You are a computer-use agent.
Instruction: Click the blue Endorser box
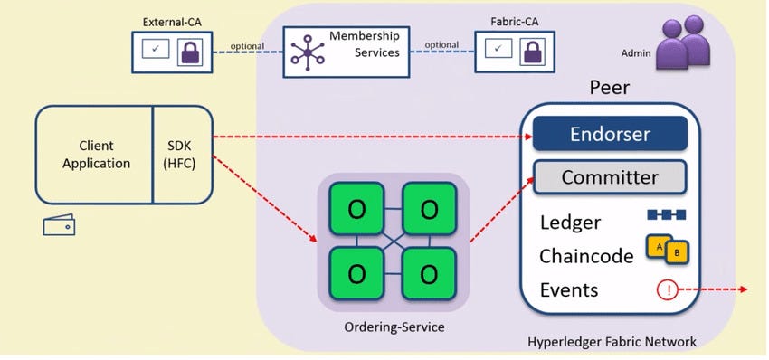click(x=611, y=135)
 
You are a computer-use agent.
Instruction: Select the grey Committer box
click(x=609, y=177)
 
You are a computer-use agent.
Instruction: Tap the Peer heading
click(x=609, y=89)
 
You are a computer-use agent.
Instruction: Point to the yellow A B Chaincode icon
click(x=667, y=249)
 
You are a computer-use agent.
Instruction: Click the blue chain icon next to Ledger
click(x=667, y=214)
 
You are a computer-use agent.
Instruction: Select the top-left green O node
click(x=356, y=209)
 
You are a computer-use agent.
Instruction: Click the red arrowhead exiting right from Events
click(x=743, y=289)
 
